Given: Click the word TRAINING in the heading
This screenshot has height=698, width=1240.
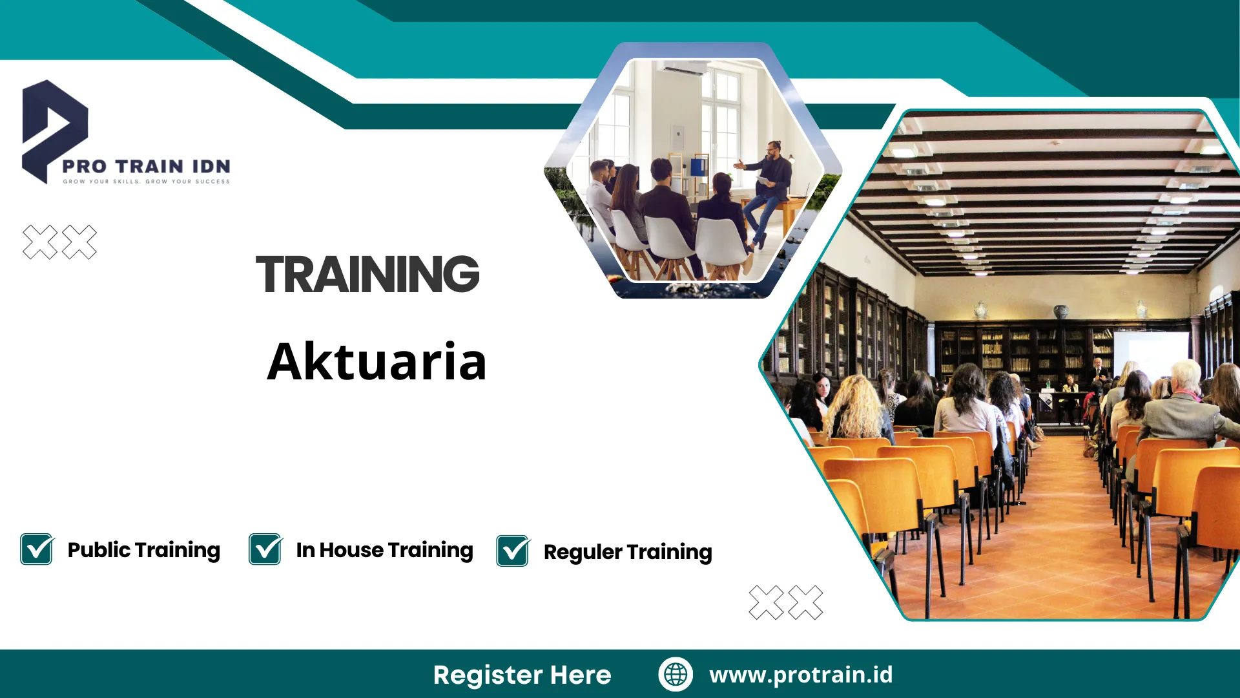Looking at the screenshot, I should click(367, 274).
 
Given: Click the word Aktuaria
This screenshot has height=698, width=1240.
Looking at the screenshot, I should click(377, 361).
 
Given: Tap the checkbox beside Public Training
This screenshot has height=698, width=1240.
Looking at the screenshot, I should click(37, 549).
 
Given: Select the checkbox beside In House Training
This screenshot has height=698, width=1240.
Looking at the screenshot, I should click(265, 549).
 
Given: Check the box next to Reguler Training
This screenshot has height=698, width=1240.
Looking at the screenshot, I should click(513, 551).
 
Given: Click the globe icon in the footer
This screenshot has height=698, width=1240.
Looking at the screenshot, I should click(676, 674).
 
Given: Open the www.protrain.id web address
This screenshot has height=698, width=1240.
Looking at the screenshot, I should click(801, 674).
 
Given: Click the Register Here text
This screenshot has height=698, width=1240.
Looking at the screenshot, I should click(522, 675).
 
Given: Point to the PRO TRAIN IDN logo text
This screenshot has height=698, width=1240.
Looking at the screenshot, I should click(146, 166).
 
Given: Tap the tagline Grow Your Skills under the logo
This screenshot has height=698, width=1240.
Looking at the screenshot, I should click(146, 182).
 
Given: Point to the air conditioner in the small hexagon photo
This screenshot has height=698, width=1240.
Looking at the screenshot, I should click(685, 69).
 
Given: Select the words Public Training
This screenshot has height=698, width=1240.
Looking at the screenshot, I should click(143, 550).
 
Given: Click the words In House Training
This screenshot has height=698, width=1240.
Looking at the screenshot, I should click(384, 550).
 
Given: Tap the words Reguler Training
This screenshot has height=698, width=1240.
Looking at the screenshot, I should click(628, 552).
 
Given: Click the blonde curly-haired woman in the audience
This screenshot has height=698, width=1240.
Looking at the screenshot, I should click(856, 407).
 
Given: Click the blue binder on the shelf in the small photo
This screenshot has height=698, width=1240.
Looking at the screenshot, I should click(697, 167).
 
